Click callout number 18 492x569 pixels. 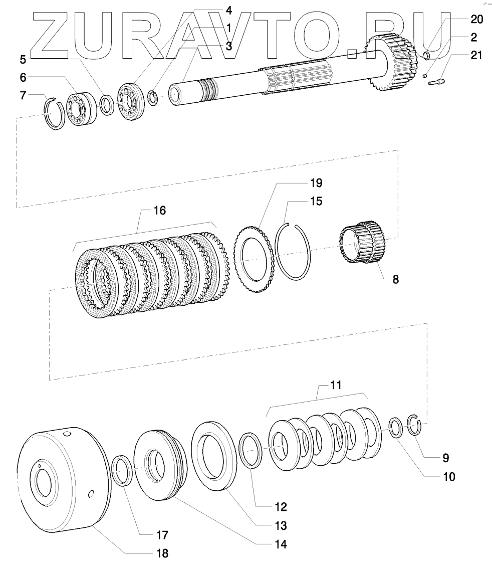coord(161,553)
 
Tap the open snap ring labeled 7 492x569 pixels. coord(55,114)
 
